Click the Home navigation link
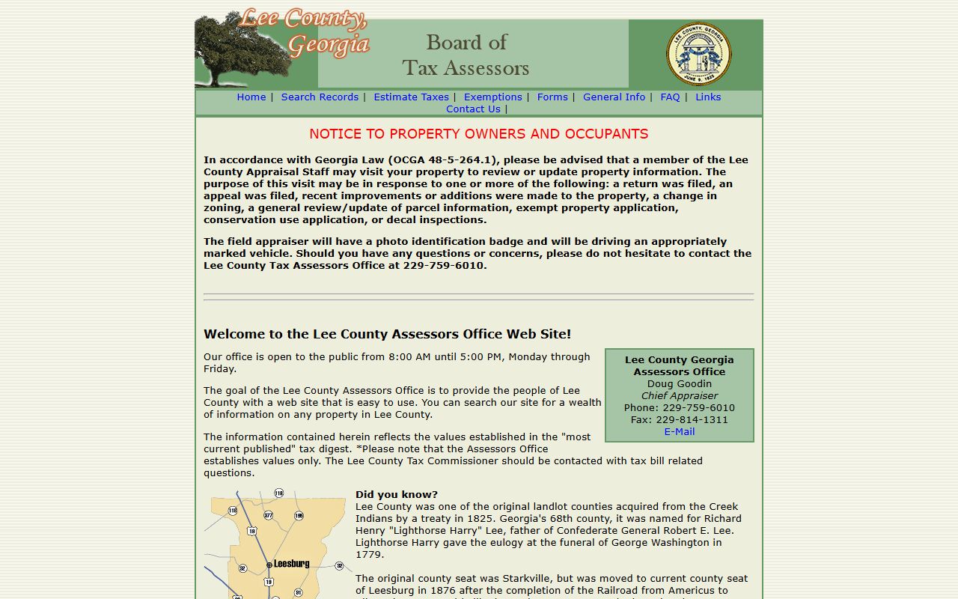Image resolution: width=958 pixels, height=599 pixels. tap(251, 97)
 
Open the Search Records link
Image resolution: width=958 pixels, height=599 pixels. tap(320, 97)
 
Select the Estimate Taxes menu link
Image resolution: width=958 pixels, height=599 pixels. tap(411, 97)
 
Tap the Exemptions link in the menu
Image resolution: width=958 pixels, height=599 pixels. tap(492, 97)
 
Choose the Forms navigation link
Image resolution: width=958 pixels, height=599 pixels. tap(552, 97)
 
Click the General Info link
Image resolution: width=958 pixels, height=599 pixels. tap(614, 97)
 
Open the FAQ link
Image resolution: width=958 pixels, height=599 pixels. tap(670, 97)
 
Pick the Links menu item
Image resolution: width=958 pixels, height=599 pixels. tap(708, 97)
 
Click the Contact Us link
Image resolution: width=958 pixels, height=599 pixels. tap(473, 109)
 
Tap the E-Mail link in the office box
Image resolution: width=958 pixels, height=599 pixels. tap(680, 432)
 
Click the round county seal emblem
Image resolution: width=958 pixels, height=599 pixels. tap(699, 54)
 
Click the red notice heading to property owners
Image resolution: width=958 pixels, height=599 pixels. tap(479, 134)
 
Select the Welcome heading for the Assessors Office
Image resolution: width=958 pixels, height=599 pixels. tap(387, 334)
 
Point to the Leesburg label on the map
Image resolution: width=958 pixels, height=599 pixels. tap(291, 564)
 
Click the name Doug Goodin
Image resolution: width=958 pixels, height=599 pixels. tap(680, 384)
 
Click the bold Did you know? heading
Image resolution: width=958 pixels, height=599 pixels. tap(397, 495)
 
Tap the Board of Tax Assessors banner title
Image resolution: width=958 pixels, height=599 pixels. tap(466, 55)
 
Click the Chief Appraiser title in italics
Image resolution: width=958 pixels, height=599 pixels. tap(680, 396)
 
